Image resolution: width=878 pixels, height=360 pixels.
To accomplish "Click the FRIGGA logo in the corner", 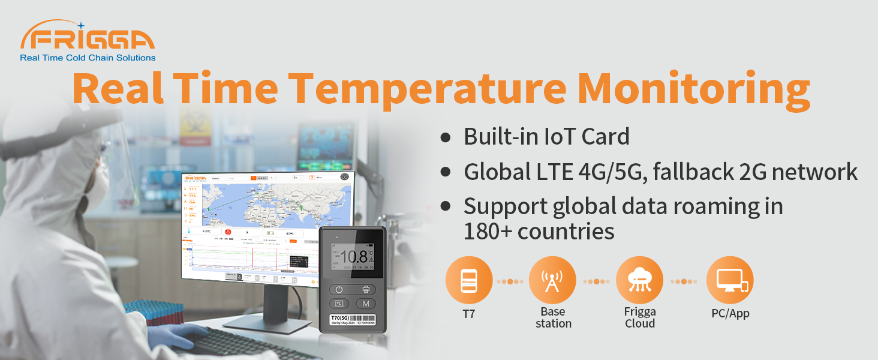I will (x=88, y=38).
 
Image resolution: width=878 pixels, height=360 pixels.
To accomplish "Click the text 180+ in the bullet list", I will (x=487, y=231).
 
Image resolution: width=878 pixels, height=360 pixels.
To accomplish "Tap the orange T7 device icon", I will (x=469, y=280).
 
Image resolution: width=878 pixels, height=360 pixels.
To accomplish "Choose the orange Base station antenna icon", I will (x=552, y=280).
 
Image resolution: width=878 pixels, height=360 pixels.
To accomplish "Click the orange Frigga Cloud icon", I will (x=639, y=280).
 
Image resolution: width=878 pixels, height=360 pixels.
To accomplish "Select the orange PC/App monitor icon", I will (x=730, y=280).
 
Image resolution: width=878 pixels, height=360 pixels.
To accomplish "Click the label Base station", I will (x=553, y=317).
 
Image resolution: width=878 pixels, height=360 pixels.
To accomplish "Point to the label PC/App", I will (x=730, y=313).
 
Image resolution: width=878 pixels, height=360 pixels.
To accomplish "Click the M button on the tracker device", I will (x=366, y=304).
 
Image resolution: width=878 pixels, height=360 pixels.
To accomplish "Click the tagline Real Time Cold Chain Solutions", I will (x=88, y=58).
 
